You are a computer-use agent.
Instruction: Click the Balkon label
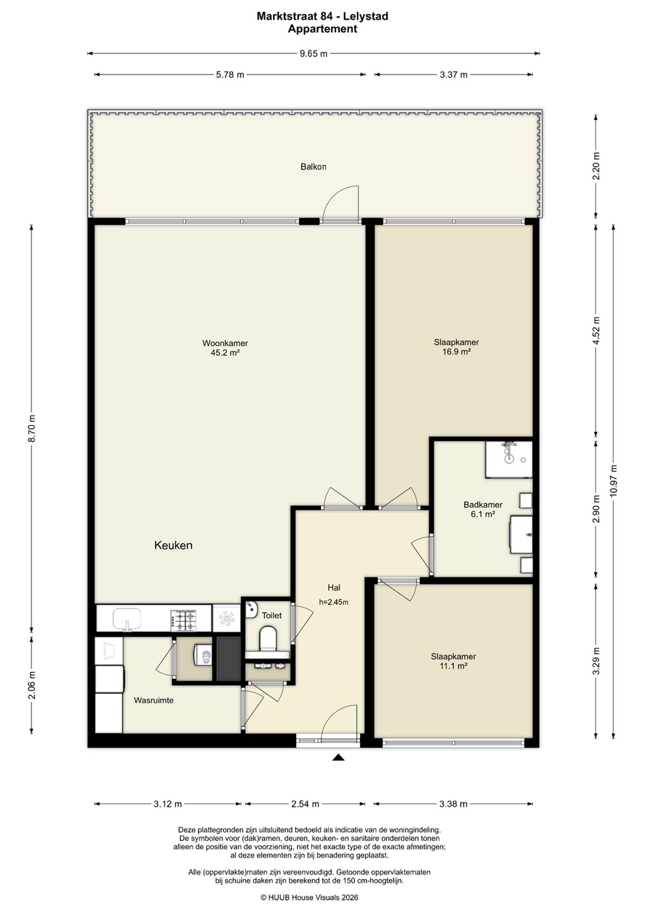(313, 167)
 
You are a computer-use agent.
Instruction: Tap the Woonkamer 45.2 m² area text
(225, 348)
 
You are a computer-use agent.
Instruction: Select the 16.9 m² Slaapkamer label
(456, 347)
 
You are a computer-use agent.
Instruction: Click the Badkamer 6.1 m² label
(483, 509)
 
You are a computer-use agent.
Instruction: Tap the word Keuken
(173, 545)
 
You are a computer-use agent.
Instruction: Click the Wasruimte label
(154, 700)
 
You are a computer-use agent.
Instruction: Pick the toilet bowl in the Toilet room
(268, 638)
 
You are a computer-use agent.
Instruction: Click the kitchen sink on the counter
(127, 619)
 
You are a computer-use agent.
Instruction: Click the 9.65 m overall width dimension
(314, 53)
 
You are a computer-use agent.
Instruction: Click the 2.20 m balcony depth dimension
(596, 166)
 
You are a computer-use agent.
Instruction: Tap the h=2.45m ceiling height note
(333, 602)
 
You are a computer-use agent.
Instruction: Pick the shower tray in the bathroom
(509, 459)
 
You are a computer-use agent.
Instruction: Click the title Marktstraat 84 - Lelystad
(322, 16)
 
